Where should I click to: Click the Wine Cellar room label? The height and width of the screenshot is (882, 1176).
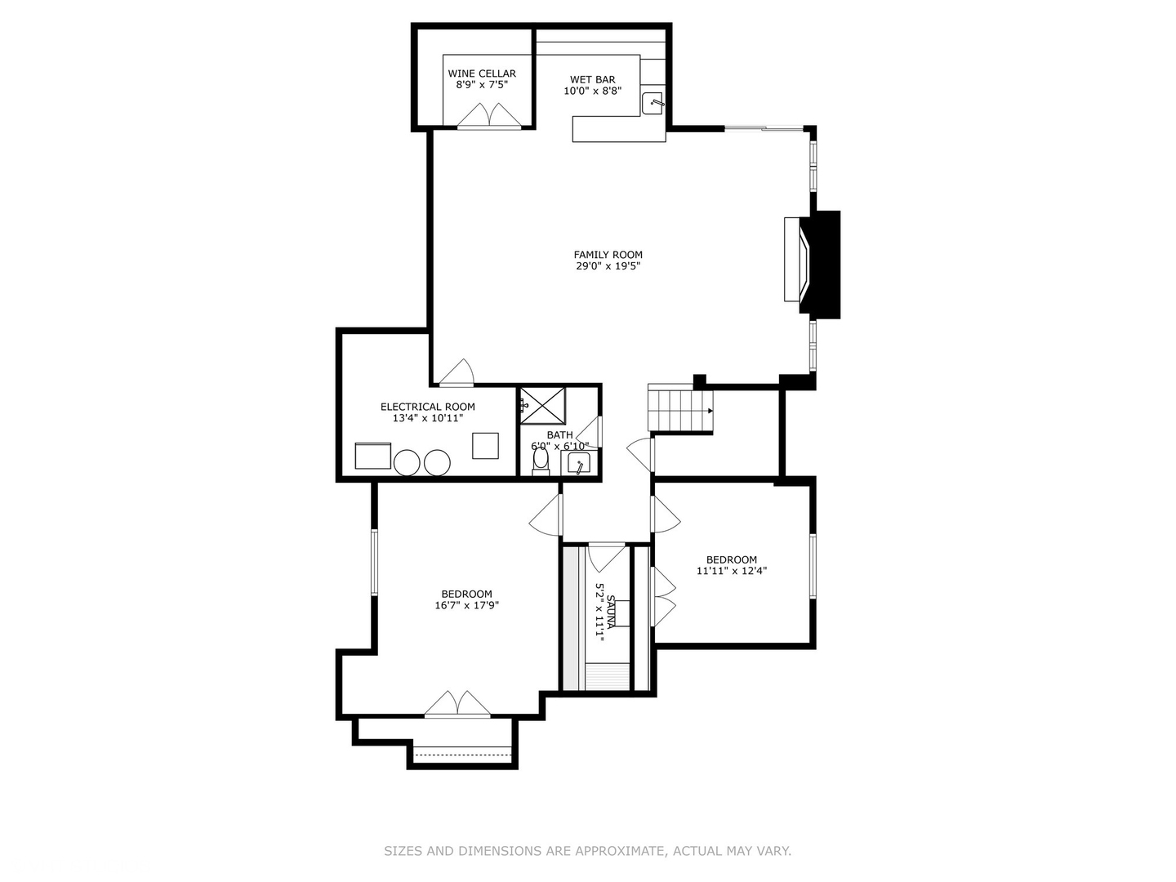point(481,73)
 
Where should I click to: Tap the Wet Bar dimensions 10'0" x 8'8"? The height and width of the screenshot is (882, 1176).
point(592,91)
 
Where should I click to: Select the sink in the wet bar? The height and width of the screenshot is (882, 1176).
point(653,104)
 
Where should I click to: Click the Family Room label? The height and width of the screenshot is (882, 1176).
point(608,254)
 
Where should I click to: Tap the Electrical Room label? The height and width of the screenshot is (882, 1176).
point(427,407)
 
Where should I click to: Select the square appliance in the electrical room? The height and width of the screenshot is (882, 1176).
point(485,445)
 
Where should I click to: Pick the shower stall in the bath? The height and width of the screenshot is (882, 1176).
point(543,405)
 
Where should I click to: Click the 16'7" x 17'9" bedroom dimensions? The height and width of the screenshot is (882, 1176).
point(466,605)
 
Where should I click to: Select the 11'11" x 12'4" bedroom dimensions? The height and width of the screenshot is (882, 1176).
point(731,571)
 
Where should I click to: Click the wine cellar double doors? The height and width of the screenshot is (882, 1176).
point(488,117)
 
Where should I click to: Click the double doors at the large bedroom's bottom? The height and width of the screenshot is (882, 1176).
point(457,705)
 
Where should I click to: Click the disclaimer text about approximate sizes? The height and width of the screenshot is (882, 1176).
point(587,851)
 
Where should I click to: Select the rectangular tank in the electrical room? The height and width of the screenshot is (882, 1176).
point(373,456)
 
